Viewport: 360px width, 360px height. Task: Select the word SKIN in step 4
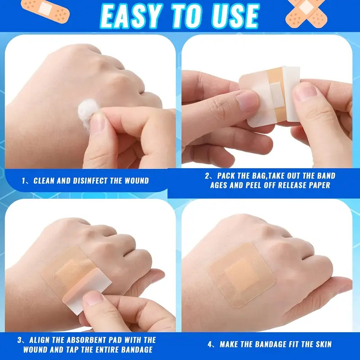[x=323, y=344]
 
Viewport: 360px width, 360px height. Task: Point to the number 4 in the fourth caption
[x=210, y=344]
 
